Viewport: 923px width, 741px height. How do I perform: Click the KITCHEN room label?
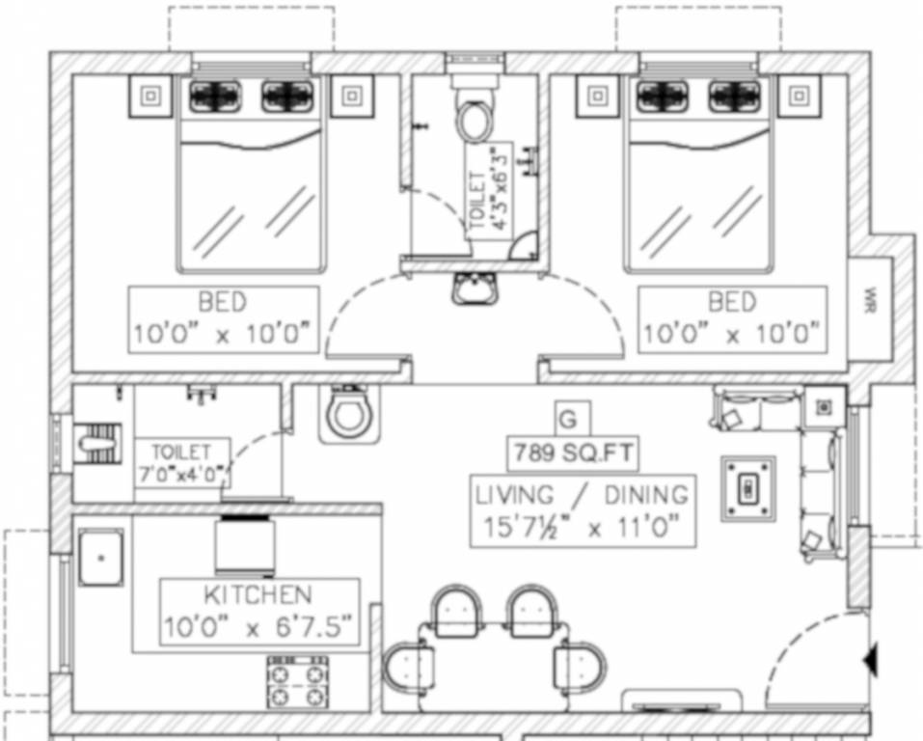point(257,594)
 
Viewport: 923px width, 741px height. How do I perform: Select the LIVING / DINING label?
point(583,496)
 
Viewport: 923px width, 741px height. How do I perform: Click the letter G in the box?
point(569,419)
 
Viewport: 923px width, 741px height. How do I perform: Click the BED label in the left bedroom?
point(222,301)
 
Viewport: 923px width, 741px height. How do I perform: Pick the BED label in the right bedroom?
point(732,301)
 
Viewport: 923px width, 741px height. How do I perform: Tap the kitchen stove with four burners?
point(297,682)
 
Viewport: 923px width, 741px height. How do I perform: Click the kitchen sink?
point(100,557)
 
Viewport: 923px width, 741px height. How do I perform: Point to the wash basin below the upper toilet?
point(474,287)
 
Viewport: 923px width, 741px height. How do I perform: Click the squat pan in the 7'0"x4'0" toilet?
point(95,445)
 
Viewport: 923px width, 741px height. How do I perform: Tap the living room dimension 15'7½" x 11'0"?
point(583,529)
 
